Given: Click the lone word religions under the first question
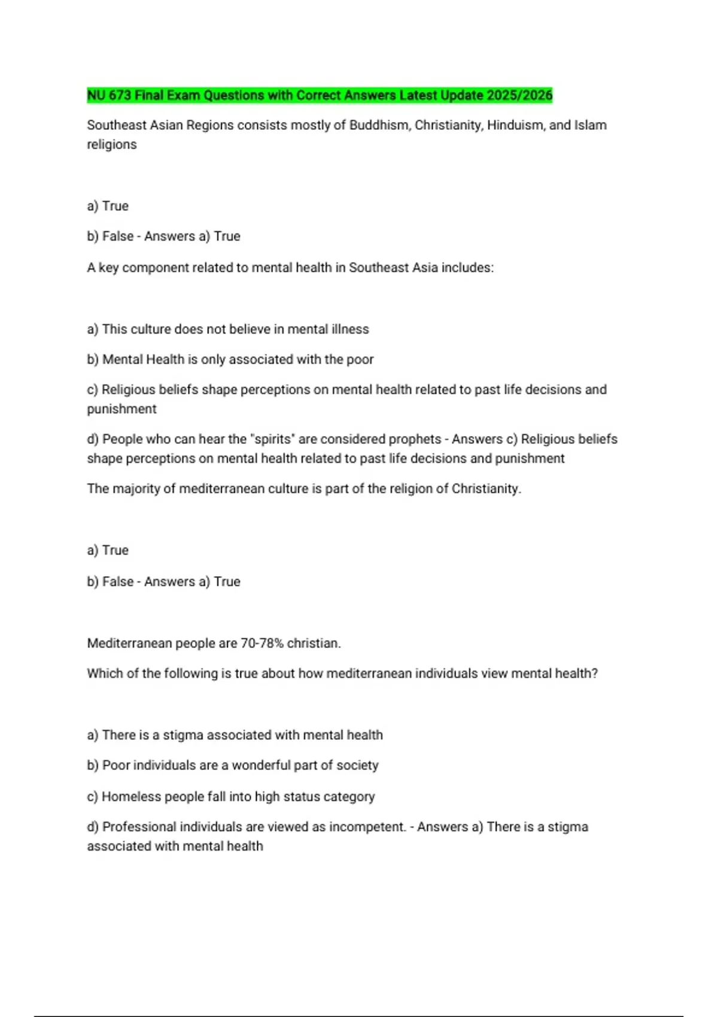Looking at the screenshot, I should pyautogui.click(x=112, y=144).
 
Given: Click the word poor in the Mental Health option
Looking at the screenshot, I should pyautogui.click(x=360, y=360).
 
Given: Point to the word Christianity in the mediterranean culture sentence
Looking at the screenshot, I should pyautogui.click(x=486, y=489).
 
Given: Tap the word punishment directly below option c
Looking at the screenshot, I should pyautogui.click(x=121, y=409).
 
